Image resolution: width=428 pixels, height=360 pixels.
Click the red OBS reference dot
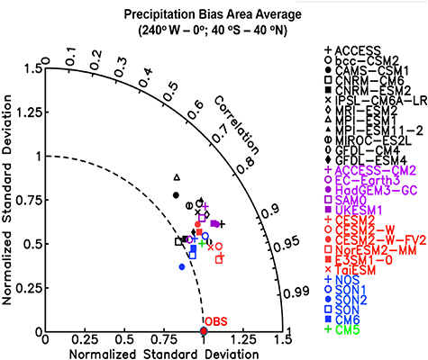coord(204,331)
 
